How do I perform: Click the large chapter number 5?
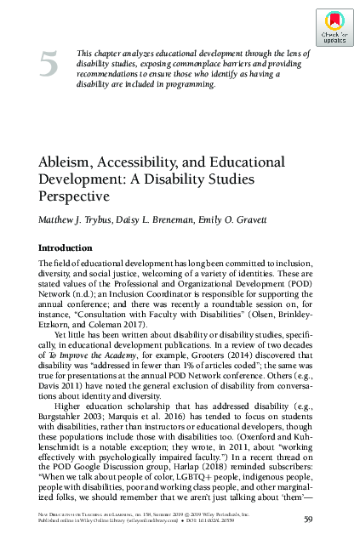point(49,65)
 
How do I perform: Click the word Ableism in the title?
point(67,162)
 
